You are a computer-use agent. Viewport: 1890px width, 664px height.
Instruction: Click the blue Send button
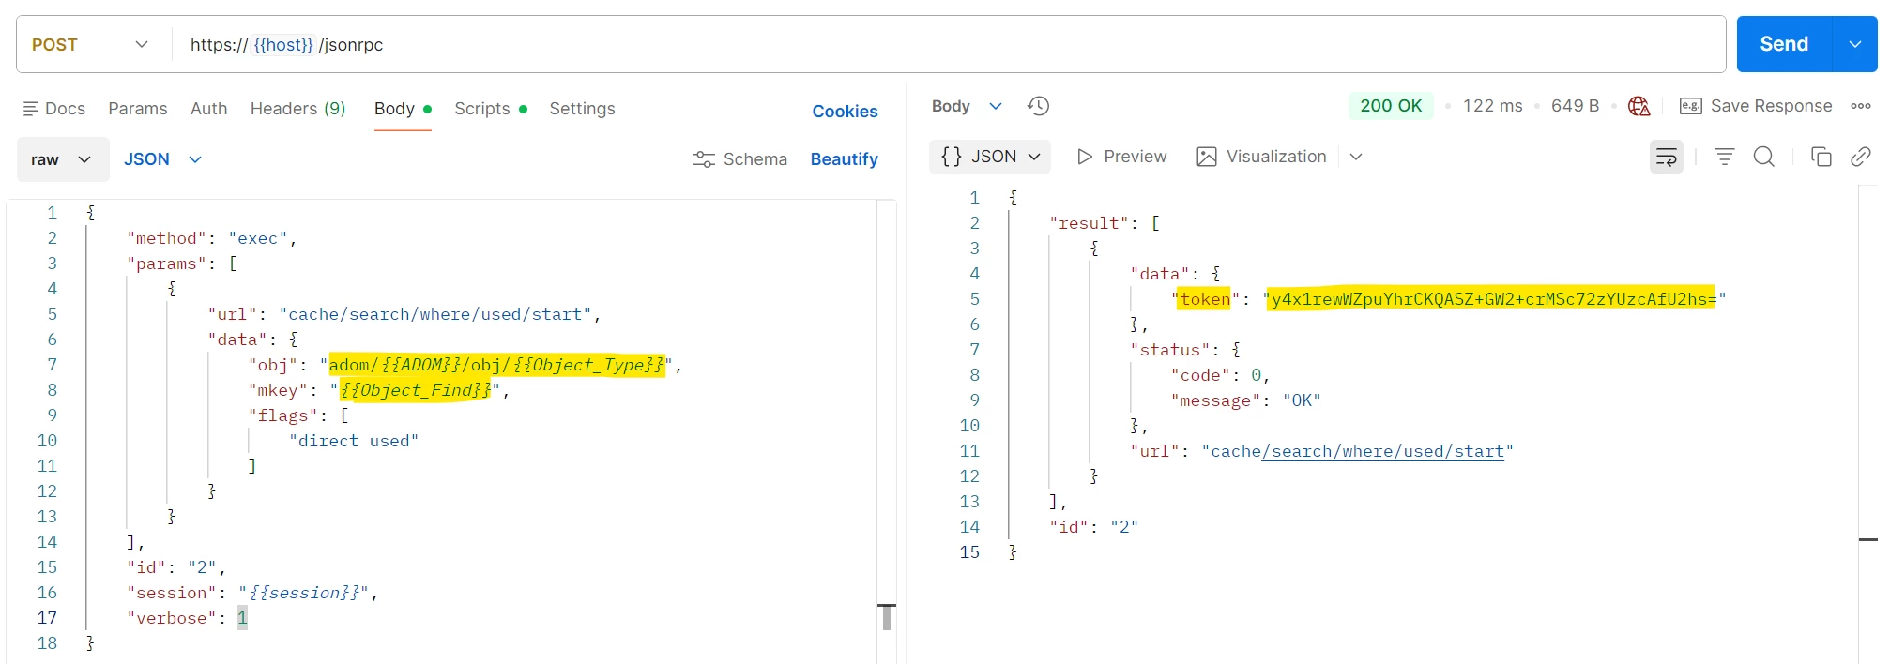tap(1783, 44)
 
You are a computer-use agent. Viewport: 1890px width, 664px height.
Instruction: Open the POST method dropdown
tap(90, 44)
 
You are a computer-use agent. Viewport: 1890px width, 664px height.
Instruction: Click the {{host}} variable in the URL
tap(283, 44)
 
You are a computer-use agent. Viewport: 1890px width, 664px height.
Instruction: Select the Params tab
tap(138, 109)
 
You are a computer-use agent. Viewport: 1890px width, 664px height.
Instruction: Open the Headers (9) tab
tap(297, 109)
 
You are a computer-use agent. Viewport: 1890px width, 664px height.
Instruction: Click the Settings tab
tap(582, 109)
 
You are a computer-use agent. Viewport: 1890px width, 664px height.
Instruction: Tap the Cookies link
tap(845, 112)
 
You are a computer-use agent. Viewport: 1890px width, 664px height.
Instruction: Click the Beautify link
tap(844, 159)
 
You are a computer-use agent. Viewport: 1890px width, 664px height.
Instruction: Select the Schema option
tap(739, 159)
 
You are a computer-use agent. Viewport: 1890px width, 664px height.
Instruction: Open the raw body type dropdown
tap(62, 159)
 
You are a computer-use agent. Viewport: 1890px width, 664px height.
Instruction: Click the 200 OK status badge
tap(1391, 106)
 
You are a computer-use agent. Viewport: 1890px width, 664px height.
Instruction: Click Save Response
tap(1756, 106)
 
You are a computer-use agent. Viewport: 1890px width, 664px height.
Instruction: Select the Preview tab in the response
tap(1121, 157)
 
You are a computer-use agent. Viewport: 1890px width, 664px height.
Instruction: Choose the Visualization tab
tap(1262, 157)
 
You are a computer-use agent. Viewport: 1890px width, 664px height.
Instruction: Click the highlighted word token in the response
tap(1205, 299)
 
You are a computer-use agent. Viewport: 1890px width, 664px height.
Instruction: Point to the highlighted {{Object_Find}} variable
tap(415, 390)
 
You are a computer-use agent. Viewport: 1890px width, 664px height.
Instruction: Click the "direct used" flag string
tap(354, 441)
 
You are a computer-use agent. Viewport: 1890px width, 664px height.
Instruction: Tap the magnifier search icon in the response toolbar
tap(1764, 157)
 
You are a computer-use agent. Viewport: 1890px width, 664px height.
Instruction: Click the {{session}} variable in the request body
tap(304, 593)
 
